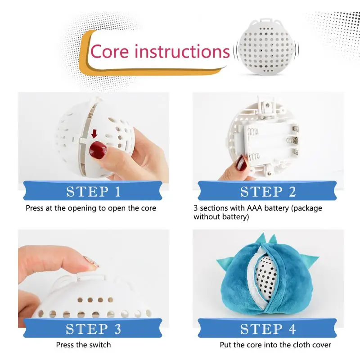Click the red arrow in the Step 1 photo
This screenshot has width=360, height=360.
click(x=94, y=134)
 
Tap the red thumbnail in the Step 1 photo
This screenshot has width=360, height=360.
click(x=98, y=150)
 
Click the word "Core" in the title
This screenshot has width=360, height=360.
click(x=109, y=52)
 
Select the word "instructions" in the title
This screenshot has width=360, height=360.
click(x=182, y=51)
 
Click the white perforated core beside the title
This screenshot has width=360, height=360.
click(x=266, y=47)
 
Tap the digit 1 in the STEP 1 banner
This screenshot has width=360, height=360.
click(x=118, y=192)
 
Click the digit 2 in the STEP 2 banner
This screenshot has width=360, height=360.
click(x=292, y=192)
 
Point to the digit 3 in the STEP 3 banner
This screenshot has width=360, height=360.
click(x=118, y=329)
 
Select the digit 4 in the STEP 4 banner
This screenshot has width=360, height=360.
click(x=292, y=329)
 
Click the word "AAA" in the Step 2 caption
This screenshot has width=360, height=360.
click(x=254, y=208)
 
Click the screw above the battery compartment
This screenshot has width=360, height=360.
click(x=268, y=105)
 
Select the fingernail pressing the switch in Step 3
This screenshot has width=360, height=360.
click(x=91, y=262)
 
